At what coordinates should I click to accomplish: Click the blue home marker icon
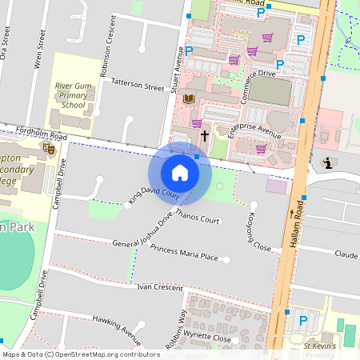(180, 172)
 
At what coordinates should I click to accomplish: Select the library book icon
(190, 98)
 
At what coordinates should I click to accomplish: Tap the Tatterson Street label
(138, 82)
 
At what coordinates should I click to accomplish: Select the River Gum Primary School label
(81, 94)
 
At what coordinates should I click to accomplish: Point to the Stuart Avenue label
(179, 69)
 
